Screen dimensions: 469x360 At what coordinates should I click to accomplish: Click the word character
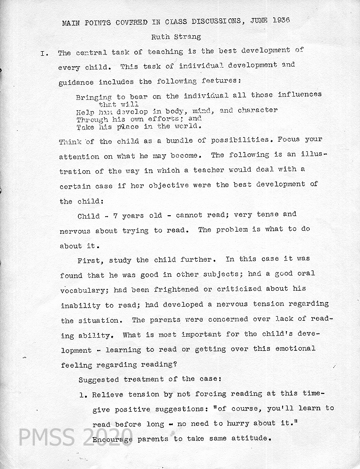point(258,110)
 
